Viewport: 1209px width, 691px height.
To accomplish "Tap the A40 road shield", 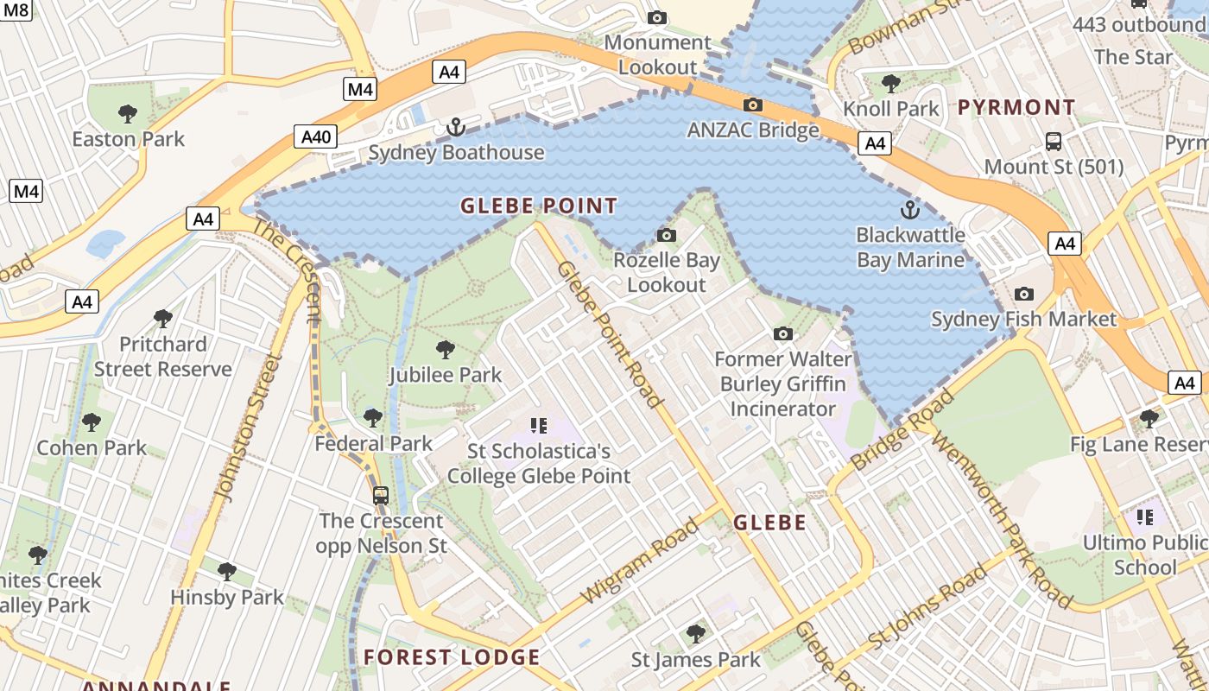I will tap(315, 136).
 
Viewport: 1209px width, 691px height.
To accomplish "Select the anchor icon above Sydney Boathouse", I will tap(455, 128).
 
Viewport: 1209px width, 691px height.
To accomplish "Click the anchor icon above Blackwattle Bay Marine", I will tap(910, 210).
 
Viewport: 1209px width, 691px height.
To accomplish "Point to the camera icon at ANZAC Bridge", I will tap(753, 105).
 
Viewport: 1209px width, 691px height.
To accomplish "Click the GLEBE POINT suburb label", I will tap(539, 206).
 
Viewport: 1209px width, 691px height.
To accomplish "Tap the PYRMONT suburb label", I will tap(1016, 108).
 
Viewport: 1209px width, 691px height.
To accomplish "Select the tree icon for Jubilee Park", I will tap(446, 350).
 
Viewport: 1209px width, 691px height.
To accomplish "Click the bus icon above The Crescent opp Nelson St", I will tap(381, 496).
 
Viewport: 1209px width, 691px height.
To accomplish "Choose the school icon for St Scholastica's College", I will tap(540, 425).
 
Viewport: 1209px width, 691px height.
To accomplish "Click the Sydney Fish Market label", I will tap(1023, 319).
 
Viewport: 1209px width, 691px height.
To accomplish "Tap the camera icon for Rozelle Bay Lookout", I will tap(666, 235).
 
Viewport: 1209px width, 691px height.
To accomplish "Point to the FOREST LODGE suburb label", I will tap(452, 657).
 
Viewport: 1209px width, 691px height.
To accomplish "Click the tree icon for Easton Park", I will tap(128, 113).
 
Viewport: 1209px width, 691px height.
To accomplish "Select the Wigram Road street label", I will tap(640, 561).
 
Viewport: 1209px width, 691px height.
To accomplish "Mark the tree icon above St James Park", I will tap(696, 635).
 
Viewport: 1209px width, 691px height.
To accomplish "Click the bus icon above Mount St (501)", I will tap(1054, 141).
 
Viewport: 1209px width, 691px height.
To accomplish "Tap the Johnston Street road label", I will tap(248, 428).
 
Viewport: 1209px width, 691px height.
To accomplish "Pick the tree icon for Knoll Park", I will tap(891, 84).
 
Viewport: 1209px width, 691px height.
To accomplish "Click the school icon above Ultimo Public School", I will tap(1145, 517).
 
